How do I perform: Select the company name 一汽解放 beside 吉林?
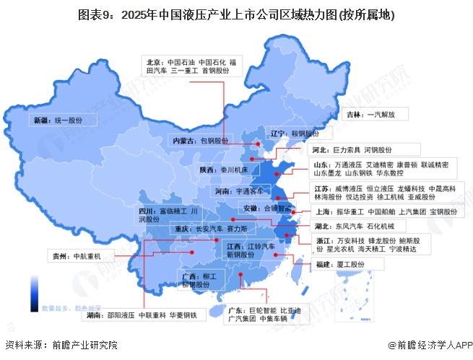(386, 114)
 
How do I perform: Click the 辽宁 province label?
(279, 134)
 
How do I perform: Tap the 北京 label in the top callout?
(155, 63)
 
